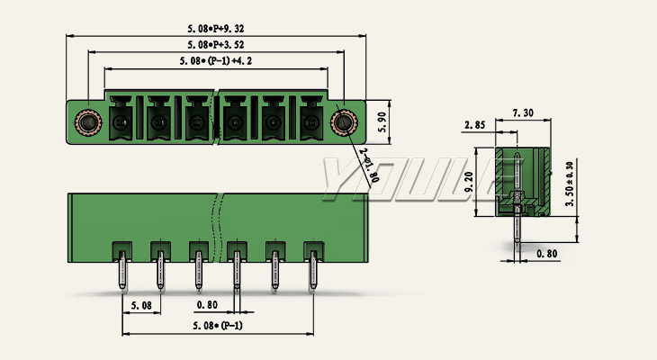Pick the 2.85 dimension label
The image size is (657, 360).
(x=476, y=124)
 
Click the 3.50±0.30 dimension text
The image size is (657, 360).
(x=569, y=184)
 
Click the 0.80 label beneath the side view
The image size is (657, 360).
(x=547, y=254)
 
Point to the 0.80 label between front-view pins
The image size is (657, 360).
(x=207, y=306)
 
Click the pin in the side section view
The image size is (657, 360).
(x=517, y=229)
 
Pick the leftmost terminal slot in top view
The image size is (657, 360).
(x=121, y=121)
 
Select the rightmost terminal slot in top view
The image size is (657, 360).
(x=310, y=121)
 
